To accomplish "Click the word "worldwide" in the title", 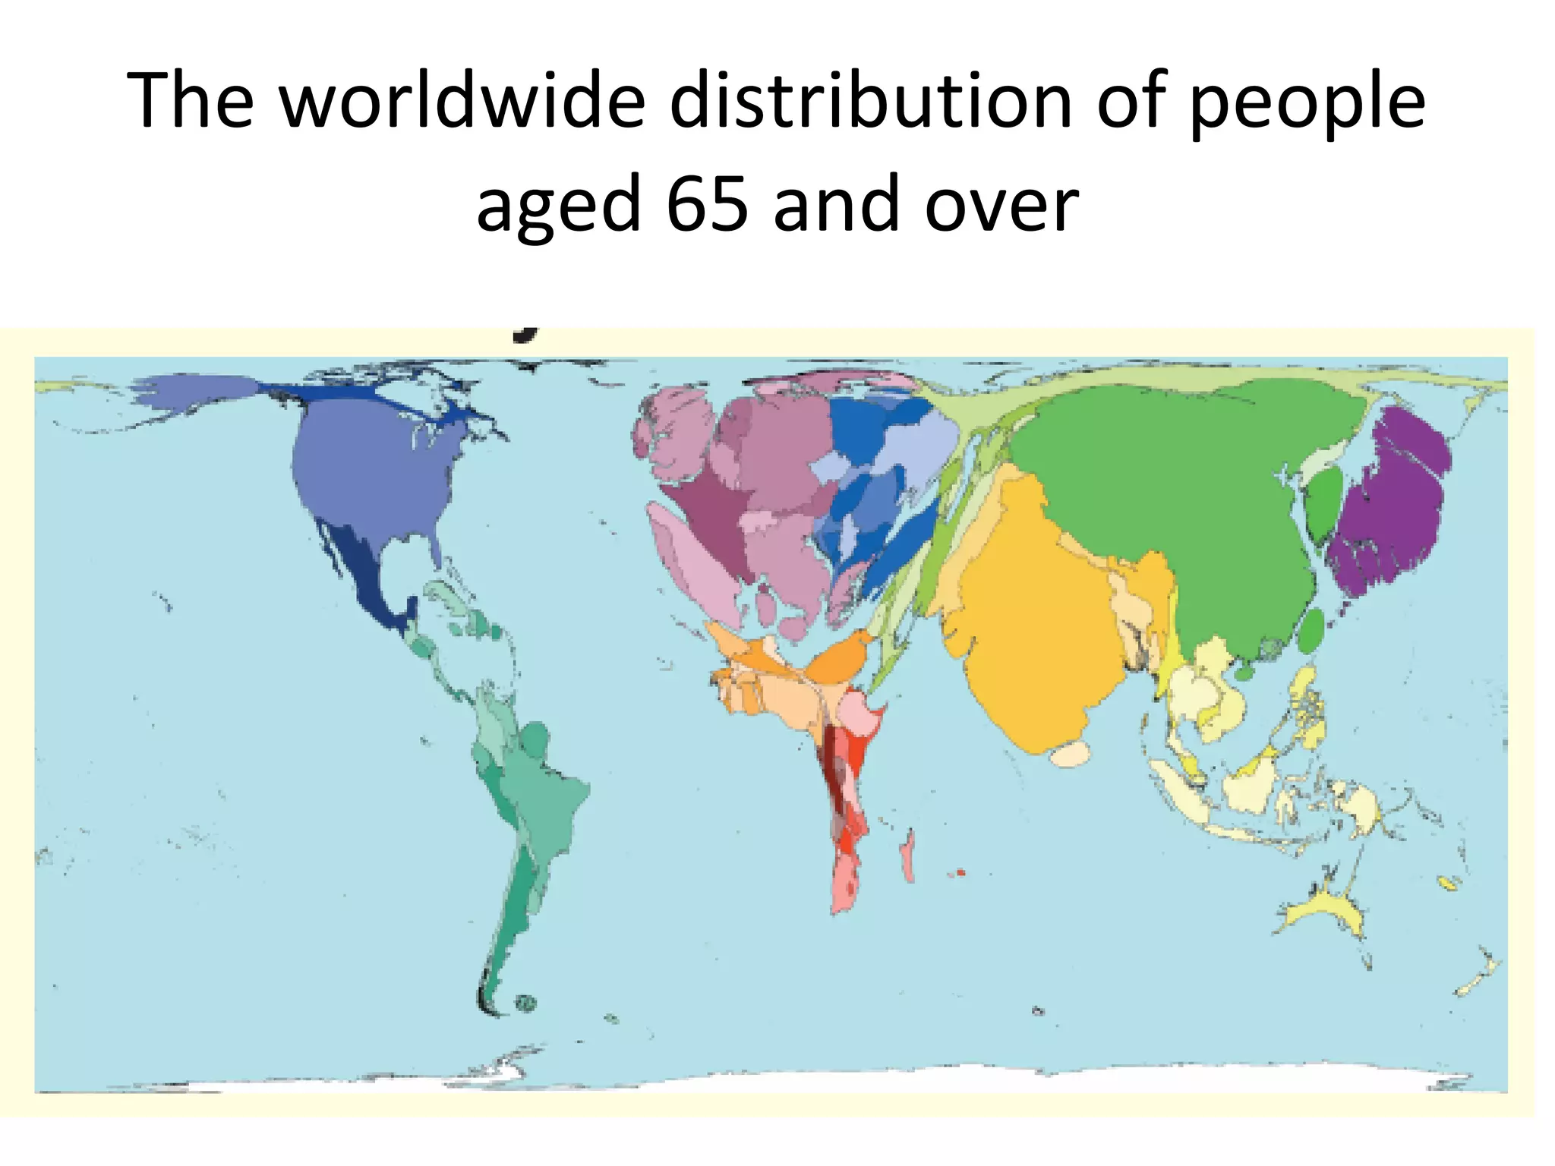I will pyautogui.click(x=462, y=101).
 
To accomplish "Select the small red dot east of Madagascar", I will pyautogui.click(x=960, y=872).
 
